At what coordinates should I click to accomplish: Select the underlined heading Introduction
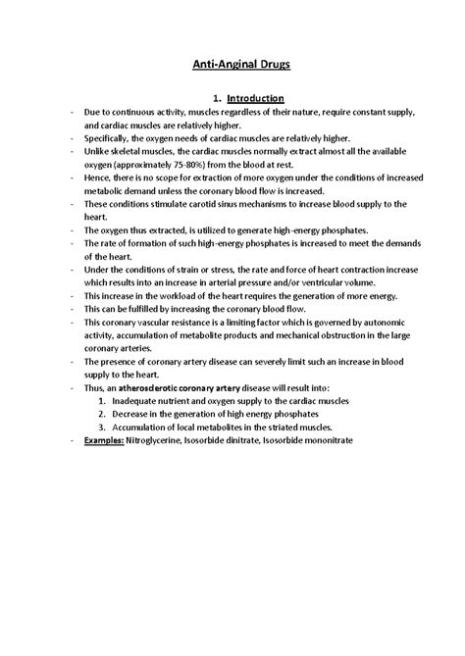coord(253,98)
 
